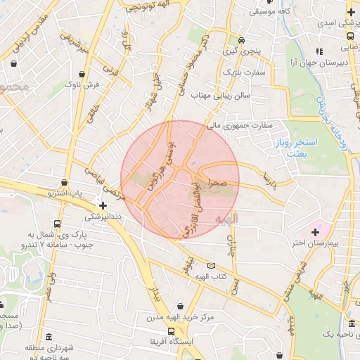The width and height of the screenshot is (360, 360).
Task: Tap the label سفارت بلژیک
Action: (243, 72)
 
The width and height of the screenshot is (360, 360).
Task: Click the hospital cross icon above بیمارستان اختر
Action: (315, 231)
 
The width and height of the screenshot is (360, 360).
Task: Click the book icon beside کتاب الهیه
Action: (211, 266)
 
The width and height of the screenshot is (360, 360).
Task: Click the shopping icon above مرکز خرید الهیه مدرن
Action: (182, 307)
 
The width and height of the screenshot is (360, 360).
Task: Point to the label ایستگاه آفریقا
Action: (160, 341)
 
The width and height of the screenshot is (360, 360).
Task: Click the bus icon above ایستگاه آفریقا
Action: (169, 330)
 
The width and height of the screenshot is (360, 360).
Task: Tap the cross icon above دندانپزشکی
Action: (103, 206)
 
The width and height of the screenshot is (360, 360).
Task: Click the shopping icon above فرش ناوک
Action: (84, 73)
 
